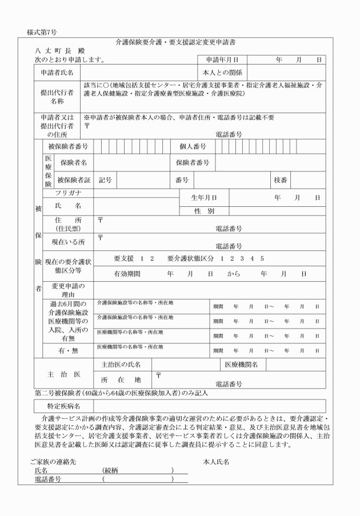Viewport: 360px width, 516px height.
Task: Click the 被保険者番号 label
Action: [68, 147]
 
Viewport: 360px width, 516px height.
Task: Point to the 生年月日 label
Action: [203, 198]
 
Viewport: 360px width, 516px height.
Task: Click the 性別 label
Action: [203, 211]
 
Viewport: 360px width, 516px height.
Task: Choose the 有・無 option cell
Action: [68, 350]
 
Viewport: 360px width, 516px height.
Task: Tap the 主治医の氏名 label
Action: [121, 365]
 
